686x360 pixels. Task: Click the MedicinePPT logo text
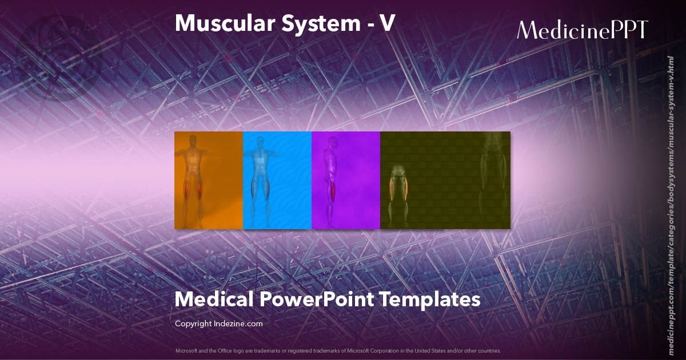tap(582, 30)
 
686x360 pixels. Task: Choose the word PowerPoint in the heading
tap(316, 299)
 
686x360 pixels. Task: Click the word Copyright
tap(194, 323)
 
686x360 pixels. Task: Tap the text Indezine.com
tap(239, 323)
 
